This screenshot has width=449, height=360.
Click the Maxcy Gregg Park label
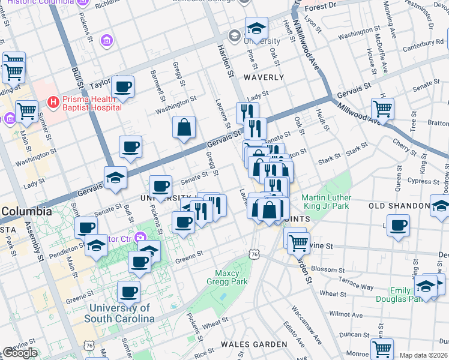pyautogui.click(x=231, y=277)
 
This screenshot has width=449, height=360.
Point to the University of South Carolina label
pyautogui.click(x=119, y=313)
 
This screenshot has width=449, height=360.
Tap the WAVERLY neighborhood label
pyautogui.click(x=264, y=77)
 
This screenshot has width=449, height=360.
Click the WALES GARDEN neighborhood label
pyautogui.click(x=254, y=344)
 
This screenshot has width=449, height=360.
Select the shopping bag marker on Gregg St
pyautogui.click(x=184, y=127)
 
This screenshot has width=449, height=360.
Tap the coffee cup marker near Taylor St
pyautogui.click(x=122, y=87)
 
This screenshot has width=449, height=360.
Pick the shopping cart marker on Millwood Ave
pyautogui.click(x=382, y=109)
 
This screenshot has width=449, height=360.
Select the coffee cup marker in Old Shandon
pyautogui.click(x=398, y=226)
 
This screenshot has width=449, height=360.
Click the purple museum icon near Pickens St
pyautogui.click(x=106, y=40)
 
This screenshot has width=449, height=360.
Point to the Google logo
pyautogui.click(x=20, y=353)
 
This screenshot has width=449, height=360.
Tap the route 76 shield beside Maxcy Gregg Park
pyautogui.click(x=256, y=255)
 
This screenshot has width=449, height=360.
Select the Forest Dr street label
pyautogui.click(x=320, y=6)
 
